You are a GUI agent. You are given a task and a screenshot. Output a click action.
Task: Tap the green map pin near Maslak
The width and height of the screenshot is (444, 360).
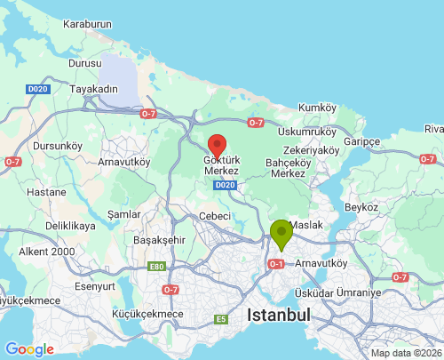(281, 234)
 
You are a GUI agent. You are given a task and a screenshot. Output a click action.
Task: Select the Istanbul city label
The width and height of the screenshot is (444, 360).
(279, 315)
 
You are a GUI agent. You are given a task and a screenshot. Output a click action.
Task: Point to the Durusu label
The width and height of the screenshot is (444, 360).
(86, 65)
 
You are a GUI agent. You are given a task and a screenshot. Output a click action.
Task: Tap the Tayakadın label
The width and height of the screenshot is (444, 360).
(95, 90)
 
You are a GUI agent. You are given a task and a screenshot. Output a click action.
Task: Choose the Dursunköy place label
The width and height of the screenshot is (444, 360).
(57, 146)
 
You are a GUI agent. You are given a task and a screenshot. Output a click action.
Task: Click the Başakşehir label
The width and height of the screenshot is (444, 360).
(158, 240)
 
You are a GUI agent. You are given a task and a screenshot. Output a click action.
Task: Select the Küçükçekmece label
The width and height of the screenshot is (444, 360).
(147, 314)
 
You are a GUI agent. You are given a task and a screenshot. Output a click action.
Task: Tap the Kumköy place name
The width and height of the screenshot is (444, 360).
(318, 108)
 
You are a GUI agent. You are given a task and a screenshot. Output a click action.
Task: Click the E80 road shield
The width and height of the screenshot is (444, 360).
(157, 267)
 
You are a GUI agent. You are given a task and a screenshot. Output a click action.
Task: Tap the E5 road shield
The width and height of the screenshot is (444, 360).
(220, 319)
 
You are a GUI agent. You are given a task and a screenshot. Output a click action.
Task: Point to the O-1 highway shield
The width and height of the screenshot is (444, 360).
(275, 264)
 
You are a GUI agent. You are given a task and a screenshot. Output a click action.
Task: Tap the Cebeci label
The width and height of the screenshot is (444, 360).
(215, 216)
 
